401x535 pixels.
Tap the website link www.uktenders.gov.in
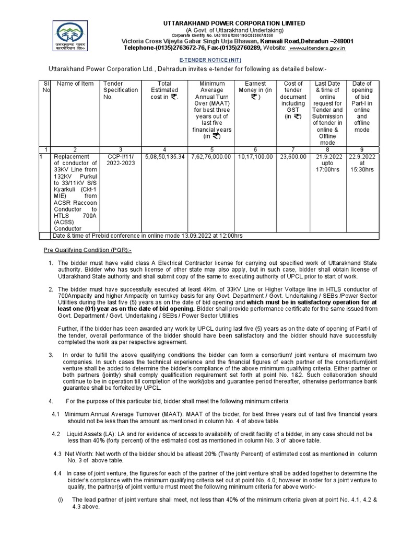pyautogui.click(x=317, y=48)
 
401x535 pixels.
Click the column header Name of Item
pyautogui.click(x=75, y=84)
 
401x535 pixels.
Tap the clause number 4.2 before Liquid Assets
pyautogui.click(x=56, y=434)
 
